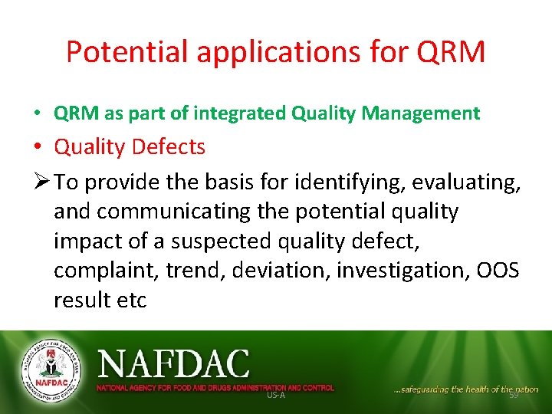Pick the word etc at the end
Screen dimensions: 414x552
pyautogui.click(x=132, y=300)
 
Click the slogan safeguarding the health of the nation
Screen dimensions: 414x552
pyautogui.click(x=465, y=389)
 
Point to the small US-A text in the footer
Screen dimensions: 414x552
pyautogui.click(x=275, y=394)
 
